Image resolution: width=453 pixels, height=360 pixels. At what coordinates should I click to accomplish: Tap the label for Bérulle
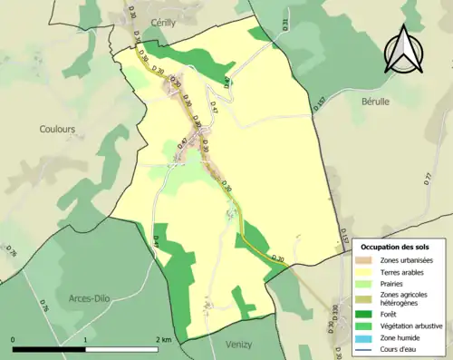point(375,102)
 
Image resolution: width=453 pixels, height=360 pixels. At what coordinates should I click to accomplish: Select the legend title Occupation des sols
point(400,246)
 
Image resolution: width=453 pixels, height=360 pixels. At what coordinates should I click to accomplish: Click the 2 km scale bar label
point(164,340)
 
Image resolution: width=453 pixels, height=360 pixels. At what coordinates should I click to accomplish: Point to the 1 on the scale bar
point(85,340)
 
